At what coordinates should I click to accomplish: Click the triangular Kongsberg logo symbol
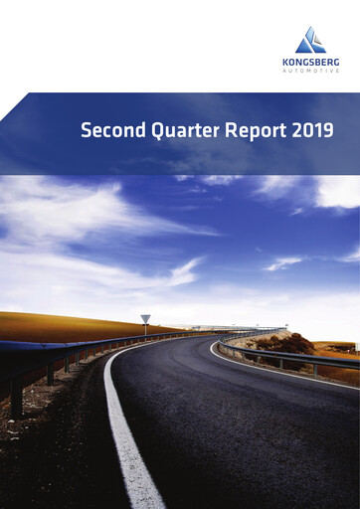coord(310,41)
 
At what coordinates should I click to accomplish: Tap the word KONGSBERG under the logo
coord(310,62)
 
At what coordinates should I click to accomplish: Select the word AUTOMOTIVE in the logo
coord(310,71)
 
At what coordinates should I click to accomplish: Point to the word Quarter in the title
coord(180,130)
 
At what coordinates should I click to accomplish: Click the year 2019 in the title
coord(312,129)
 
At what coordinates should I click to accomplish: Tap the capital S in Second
coord(86,129)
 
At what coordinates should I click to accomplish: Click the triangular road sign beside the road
coord(145,319)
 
